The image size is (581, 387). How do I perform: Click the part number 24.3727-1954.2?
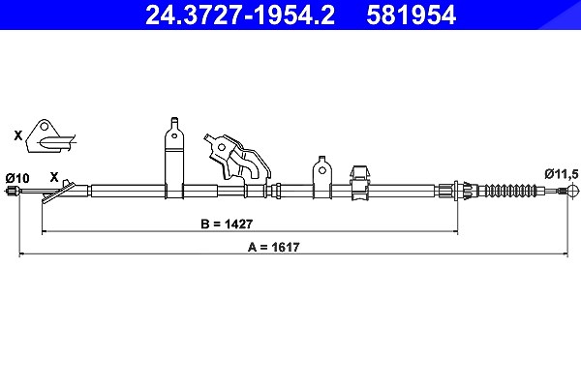click(240, 15)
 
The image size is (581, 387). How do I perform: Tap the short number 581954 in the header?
click(411, 15)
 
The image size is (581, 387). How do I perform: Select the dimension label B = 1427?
click(227, 224)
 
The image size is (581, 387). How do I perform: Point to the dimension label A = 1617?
click(273, 247)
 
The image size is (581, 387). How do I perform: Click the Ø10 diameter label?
click(17, 178)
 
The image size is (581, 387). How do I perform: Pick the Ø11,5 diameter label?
click(561, 174)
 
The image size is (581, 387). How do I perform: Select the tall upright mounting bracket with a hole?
click(173, 158)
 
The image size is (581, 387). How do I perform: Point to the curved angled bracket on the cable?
click(237, 160)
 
